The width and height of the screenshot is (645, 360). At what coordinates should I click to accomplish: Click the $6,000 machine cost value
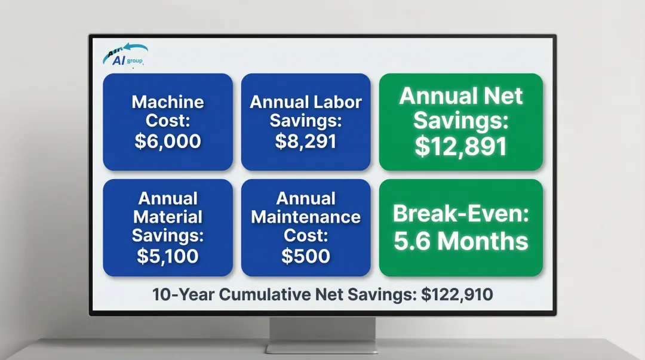click(167, 141)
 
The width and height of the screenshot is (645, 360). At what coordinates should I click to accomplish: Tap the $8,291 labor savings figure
click(306, 141)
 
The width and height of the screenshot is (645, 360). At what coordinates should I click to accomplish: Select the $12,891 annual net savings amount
click(460, 146)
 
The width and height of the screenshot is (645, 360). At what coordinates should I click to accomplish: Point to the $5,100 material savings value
click(167, 256)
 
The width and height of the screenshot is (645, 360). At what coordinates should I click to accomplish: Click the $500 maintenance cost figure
click(306, 256)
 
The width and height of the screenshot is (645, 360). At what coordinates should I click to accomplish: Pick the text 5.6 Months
click(460, 241)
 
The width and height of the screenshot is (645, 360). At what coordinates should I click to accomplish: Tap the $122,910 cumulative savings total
click(457, 294)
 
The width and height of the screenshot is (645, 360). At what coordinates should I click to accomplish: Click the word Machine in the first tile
click(167, 101)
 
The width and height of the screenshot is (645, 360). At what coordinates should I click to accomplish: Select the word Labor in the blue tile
click(338, 102)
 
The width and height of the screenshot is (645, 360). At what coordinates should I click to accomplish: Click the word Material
click(167, 216)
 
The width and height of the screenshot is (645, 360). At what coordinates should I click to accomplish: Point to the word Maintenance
click(306, 216)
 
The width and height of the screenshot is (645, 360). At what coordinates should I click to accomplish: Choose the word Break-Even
click(460, 213)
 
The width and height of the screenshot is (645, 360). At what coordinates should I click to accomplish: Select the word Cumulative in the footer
click(272, 294)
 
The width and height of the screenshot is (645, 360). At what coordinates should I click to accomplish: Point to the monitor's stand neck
click(322, 330)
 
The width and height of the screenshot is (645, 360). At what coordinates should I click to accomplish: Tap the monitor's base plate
click(322, 347)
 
